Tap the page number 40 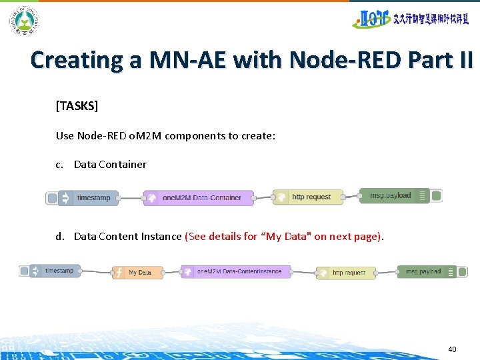pyautogui.click(x=452, y=349)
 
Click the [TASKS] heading pyautogui.click(x=77, y=106)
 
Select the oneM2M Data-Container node pyautogui.click(x=199, y=197)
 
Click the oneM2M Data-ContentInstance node pyautogui.click(x=236, y=272)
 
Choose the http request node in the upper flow pyautogui.click(x=307, y=197)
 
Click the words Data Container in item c pyautogui.click(x=110, y=164)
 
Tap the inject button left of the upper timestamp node pyautogui.click(x=51, y=197)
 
